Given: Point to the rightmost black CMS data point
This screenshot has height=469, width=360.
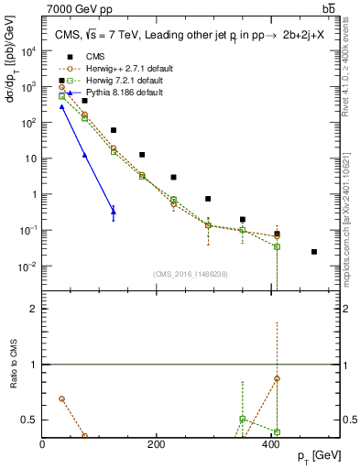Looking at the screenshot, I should [314, 252].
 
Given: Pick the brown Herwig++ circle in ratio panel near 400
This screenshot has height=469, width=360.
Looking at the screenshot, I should [277, 378].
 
